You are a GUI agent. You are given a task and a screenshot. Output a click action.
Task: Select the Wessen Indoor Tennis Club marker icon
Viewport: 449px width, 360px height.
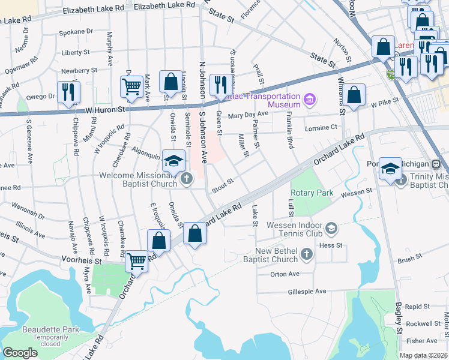point(331,229)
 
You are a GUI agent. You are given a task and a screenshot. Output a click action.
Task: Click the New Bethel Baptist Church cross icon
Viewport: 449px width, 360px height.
point(307,255)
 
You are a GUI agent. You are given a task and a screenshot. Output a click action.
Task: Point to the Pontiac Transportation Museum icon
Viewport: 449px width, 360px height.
point(310,98)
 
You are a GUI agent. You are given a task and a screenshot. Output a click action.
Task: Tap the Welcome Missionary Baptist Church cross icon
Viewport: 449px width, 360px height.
point(187,178)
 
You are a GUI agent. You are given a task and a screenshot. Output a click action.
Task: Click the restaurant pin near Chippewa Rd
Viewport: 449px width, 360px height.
point(68,92)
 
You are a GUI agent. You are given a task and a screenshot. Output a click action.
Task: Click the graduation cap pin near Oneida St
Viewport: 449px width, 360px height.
point(173,160)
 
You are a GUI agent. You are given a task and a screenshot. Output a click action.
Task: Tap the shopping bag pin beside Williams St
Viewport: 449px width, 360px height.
point(355,94)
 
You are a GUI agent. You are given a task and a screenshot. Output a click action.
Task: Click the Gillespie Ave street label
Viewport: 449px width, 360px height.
point(306,291)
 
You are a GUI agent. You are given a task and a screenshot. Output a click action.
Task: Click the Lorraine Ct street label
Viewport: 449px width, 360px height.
point(321,128)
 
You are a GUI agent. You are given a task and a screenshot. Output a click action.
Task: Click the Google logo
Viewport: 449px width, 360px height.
point(20,353)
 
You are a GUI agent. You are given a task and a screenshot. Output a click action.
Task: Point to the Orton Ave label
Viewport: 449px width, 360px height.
point(285,274)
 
